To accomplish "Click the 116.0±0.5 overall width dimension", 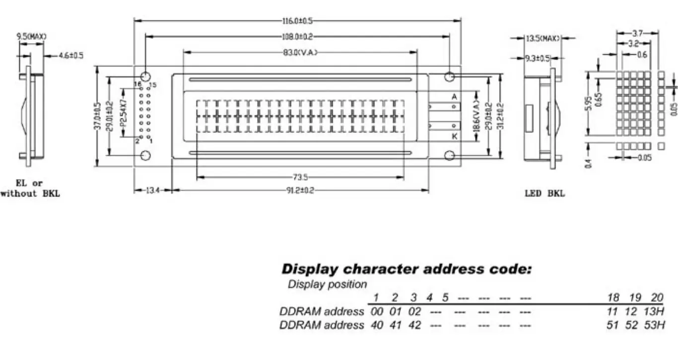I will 297,21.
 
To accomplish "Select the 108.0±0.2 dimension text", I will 297,36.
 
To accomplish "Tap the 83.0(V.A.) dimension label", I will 300,52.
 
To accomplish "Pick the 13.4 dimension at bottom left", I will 153,190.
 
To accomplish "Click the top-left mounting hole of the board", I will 145,77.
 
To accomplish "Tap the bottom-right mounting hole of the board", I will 450,156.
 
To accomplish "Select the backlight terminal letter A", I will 454,96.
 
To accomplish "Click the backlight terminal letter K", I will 454,136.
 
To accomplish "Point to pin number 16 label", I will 138,85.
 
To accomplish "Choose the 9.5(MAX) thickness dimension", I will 31,36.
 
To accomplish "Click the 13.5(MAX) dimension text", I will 542,38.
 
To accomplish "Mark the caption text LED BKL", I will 544,193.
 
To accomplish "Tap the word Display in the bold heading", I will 310,270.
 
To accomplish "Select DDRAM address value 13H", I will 656,312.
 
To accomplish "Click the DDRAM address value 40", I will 377,325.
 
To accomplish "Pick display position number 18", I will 613,298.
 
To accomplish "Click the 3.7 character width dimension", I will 638,33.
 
